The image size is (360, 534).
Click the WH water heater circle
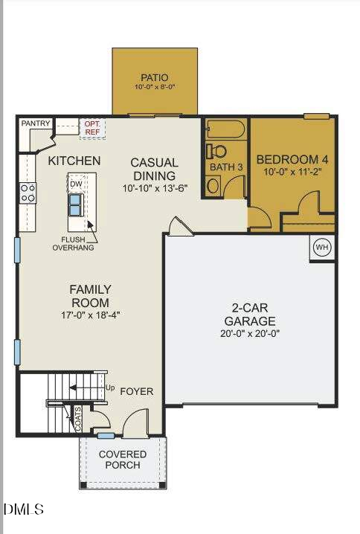pyautogui.click(x=321, y=248)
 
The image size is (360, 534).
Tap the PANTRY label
pyautogui.click(x=35, y=123)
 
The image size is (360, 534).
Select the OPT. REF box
pyautogui.click(x=93, y=127)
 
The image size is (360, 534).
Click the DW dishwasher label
pyautogui.click(x=76, y=183)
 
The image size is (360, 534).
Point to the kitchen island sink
pyautogui.click(x=77, y=203)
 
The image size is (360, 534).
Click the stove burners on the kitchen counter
pyautogui.click(x=28, y=193)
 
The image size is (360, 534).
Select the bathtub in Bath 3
pyautogui.click(x=225, y=129)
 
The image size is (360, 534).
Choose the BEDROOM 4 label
pyautogui.click(x=292, y=159)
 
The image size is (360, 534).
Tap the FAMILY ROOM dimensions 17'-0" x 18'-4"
pyautogui.click(x=90, y=315)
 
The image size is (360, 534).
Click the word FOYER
pyautogui.click(x=137, y=391)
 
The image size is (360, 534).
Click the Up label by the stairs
pyautogui.click(x=110, y=387)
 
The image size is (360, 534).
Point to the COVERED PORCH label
pyautogui.click(x=123, y=460)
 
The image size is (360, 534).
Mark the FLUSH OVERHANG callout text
pyautogui.click(x=73, y=243)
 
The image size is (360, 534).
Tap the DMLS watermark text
pyautogui.click(x=24, y=509)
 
